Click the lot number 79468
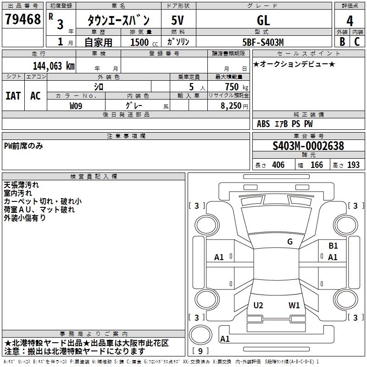tap(22, 20)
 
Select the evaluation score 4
tap(350, 21)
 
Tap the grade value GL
tap(263, 20)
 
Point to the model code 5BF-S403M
tap(263, 42)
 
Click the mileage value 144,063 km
tap(54, 66)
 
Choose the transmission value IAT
tap(13, 96)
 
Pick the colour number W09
tap(76, 106)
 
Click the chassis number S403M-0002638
tap(308, 146)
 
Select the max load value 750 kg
tap(234, 87)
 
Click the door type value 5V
tap(178, 20)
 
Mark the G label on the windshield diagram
tap(290, 242)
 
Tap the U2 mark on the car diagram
tap(258, 306)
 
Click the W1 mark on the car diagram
tap(294, 306)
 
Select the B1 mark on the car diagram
tap(333, 246)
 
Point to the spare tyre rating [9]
tap(200, 351)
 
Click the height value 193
tap(353, 165)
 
